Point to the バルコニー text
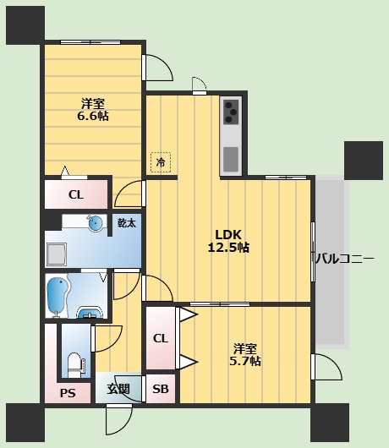point(344,259)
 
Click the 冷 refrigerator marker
point(159,161)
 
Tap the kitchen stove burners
point(231,111)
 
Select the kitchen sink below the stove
point(231,157)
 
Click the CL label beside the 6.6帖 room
point(76,195)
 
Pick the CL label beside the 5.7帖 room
point(160,339)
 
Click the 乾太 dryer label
point(126,223)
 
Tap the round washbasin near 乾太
point(95,223)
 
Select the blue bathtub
point(58,296)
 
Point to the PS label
point(68,392)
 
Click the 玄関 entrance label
point(118,389)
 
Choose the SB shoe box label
point(160,389)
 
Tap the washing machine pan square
point(58,254)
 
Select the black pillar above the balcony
point(364,159)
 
